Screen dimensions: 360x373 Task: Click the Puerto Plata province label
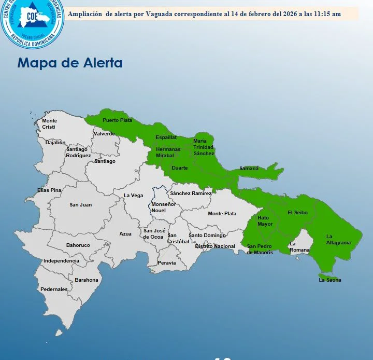click(117, 120)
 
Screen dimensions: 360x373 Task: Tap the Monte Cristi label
click(49, 124)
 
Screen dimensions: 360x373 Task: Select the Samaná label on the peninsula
click(249, 168)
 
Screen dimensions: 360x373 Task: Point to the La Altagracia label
click(338, 239)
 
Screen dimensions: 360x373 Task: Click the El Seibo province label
click(297, 212)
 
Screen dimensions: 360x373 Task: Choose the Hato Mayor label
click(265, 221)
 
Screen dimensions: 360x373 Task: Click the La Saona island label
click(330, 280)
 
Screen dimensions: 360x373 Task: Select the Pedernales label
click(54, 289)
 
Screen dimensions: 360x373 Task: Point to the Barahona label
click(86, 280)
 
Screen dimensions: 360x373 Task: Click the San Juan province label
click(80, 204)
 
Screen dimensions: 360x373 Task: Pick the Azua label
click(125, 234)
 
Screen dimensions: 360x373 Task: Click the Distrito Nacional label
click(215, 246)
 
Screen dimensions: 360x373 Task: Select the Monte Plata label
click(222, 213)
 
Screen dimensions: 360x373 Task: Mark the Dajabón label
click(55, 142)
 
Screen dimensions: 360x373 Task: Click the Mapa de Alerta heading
click(70, 63)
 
